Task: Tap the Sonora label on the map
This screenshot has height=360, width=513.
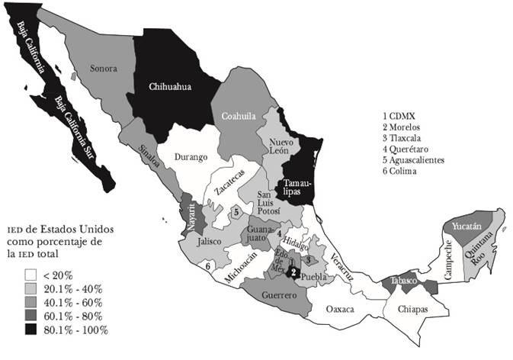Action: click(104, 69)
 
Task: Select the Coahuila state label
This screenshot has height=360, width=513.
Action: click(238, 117)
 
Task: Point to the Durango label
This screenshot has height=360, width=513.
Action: click(191, 157)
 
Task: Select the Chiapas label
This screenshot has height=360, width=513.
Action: click(412, 310)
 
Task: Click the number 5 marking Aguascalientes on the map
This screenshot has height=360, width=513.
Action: click(237, 212)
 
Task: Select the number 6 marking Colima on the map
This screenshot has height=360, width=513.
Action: click(207, 266)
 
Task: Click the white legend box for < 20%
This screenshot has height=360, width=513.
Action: click(32, 275)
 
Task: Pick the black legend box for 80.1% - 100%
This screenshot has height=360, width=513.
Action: click(32, 329)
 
